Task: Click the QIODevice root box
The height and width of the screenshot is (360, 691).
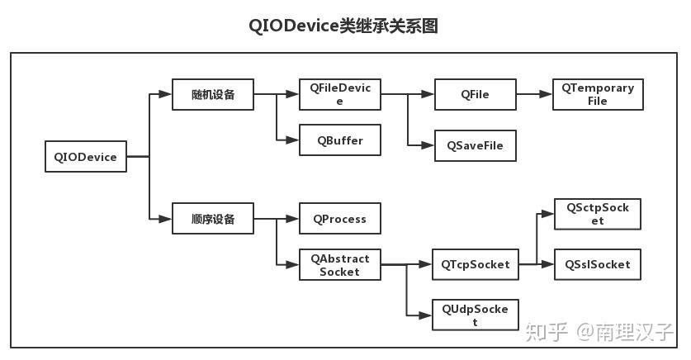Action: coord(85,157)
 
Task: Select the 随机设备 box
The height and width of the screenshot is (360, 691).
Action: coord(212,95)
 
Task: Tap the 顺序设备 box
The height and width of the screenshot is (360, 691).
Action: coord(212,219)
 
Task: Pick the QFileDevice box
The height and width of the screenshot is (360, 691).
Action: coord(339,94)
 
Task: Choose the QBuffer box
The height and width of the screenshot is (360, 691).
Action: coord(339,140)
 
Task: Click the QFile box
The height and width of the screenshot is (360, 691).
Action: coord(475,95)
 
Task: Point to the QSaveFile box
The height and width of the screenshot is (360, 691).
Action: coord(475,145)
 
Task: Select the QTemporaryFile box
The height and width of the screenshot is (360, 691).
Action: coord(598,95)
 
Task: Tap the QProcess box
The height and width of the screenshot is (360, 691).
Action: coord(339,220)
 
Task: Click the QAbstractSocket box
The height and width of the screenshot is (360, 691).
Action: coord(339,265)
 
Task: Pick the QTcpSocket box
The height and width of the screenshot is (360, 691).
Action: coord(475,265)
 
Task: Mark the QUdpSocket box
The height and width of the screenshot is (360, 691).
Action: coord(475,315)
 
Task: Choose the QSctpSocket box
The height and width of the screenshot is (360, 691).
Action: coord(597,215)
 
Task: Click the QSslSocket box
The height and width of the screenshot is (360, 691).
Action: coord(597,265)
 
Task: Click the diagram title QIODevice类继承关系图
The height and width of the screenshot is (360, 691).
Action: coord(343,26)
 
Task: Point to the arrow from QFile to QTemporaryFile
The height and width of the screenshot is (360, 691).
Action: coord(534,95)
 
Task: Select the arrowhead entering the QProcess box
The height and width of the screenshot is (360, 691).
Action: coord(293,220)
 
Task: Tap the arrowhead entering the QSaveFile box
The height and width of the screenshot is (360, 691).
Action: coord(428,145)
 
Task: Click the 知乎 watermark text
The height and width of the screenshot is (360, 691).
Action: coord(547,332)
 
